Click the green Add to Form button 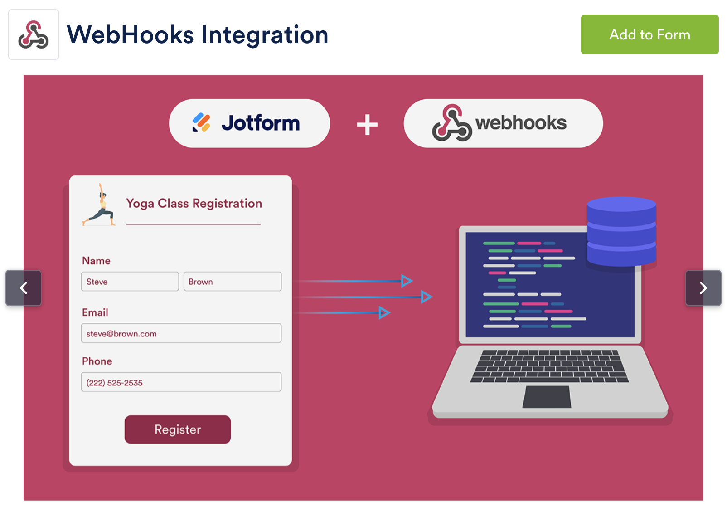tap(649, 34)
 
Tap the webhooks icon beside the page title tap(34, 34)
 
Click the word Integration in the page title tap(264, 35)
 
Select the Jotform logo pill tap(249, 123)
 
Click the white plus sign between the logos tap(367, 125)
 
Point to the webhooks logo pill tap(503, 123)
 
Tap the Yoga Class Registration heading tap(194, 203)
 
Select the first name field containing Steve tap(130, 282)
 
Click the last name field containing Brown tap(232, 282)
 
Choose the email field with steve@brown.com tap(181, 333)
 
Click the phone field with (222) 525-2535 tap(181, 382)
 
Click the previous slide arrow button tap(24, 288)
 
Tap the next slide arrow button tap(703, 288)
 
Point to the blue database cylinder tap(621, 231)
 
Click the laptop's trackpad tap(547, 397)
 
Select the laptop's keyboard tap(549, 366)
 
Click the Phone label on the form tap(97, 361)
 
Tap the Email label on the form tap(95, 312)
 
